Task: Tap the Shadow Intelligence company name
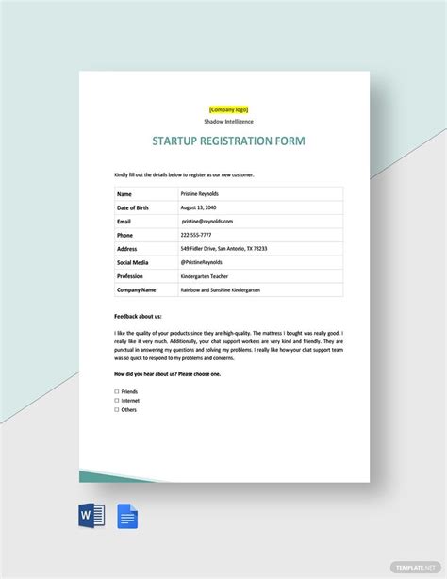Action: click(227, 122)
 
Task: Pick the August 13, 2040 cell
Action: click(200, 207)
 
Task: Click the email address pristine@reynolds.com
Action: click(207, 221)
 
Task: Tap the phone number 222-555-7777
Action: click(197, 235)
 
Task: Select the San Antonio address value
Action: click(223, 249)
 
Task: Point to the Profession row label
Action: click(131, 276)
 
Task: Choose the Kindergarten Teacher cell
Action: click(206, 276)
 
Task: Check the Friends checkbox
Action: click(117, 391)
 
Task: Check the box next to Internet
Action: click(117, 401)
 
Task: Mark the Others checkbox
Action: click(117, 410)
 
